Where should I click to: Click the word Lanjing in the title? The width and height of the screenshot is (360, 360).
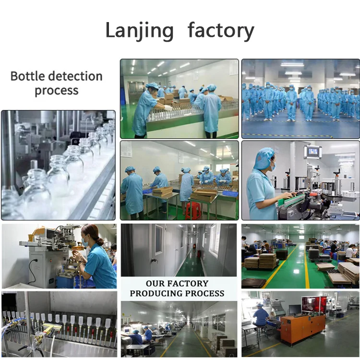pos(139,31)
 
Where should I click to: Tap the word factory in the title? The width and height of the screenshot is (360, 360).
pos(221,31)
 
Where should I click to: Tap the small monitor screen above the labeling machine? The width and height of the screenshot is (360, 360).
pos(312,152)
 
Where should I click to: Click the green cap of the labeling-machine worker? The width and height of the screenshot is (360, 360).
pos(264,158)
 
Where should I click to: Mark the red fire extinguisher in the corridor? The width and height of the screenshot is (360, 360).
pos(198,252)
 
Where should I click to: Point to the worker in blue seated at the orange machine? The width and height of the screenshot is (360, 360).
pos(262,315)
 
